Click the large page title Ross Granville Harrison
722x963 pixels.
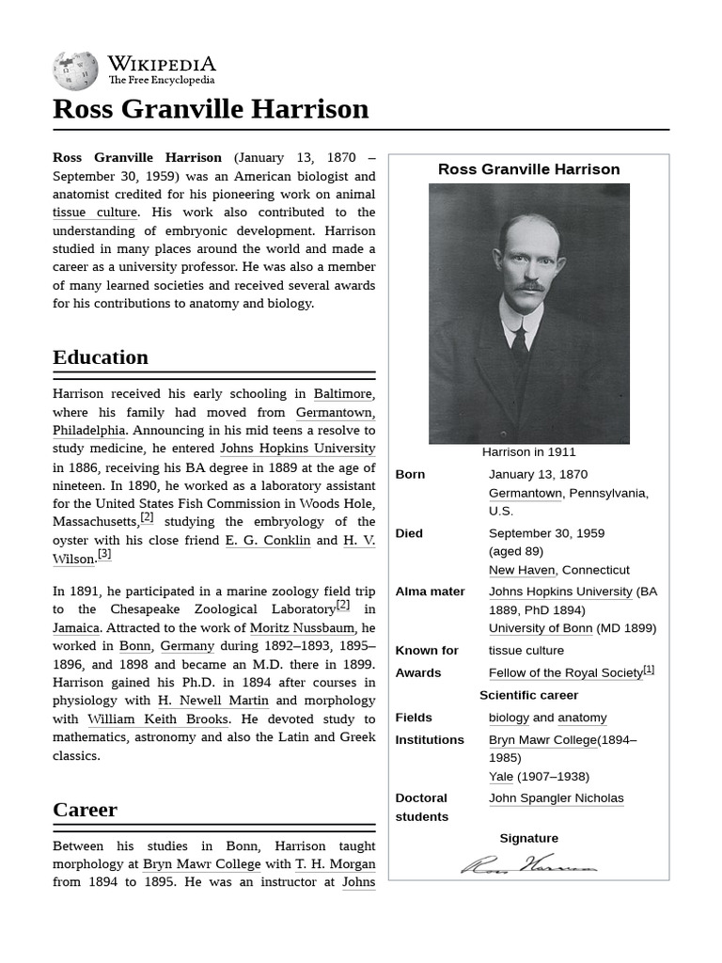tap(211, 109)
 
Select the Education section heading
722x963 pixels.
tap(101, 357)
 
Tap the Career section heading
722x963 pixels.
tap(85, 810)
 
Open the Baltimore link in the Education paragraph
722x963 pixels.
tap(342, 394)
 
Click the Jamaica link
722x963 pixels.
tap(76, 628)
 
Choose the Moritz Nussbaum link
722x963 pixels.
tap(302, 628)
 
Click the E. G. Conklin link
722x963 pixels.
tap(267, 541)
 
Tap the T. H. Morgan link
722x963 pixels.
tap(336, 864)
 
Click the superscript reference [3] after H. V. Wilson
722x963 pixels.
tap(104, 555)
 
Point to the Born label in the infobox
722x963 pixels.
tap(410, 475)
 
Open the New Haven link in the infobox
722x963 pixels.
tap(522, 570)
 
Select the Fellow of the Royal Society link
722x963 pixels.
tap(565, 673)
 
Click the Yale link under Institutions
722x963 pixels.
tap(501, 777)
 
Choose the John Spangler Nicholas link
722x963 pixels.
tap(556, 798)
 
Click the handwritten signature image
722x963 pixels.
tap(528, 864)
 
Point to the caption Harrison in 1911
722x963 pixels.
tap(528, 452)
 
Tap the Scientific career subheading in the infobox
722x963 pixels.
tap(528, 696)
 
